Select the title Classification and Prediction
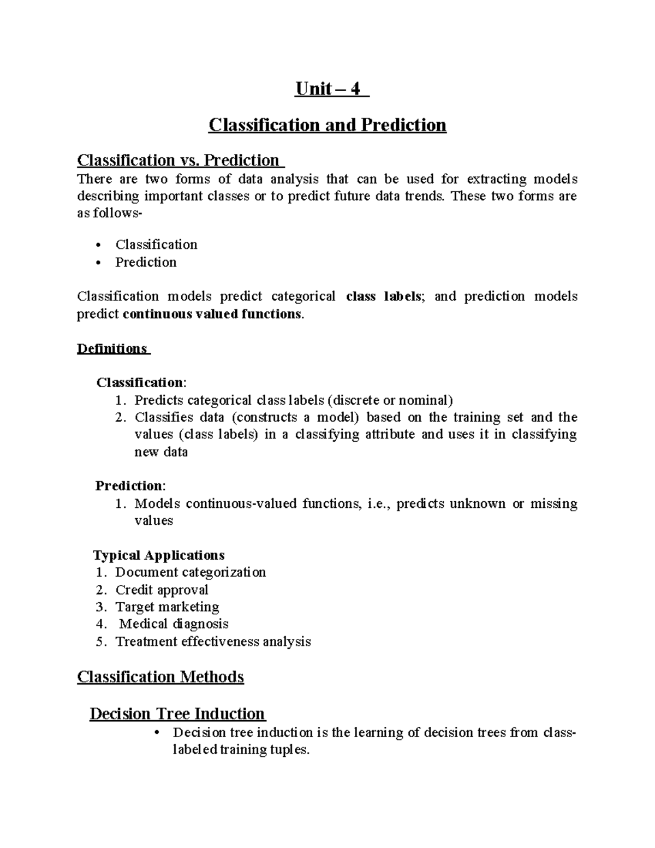(x=327, y=125)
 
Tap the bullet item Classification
(x=156, y=244)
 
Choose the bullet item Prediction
(x=146, y=262)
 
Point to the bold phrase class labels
(x=383, y=296)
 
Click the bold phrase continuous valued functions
(x=212, y=314)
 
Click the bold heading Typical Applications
(x=159, y=555)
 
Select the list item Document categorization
(x=190, y=572)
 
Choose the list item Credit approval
(x=162, y=590)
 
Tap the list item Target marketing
(x=167, y=607)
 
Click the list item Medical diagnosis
(x=174, y=624)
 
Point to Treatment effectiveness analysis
(x=213, y=641)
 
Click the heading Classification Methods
(x=160, y=677)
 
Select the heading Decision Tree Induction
(x=177, y=714)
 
